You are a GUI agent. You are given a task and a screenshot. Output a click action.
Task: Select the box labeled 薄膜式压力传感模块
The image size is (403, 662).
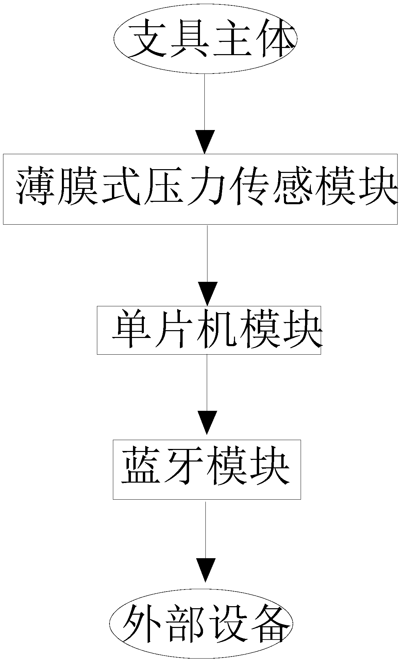pyautogui.click(x=200, y=189)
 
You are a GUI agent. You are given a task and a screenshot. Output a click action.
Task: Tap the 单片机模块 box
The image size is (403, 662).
pyautogui.click(x=209, y=330)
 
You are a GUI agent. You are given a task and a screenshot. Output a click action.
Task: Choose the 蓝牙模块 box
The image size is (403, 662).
pyautogui.click(x=207, y=469)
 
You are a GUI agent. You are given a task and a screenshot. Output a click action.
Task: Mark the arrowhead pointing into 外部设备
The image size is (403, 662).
pyautogui.click(x=205, y=570)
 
